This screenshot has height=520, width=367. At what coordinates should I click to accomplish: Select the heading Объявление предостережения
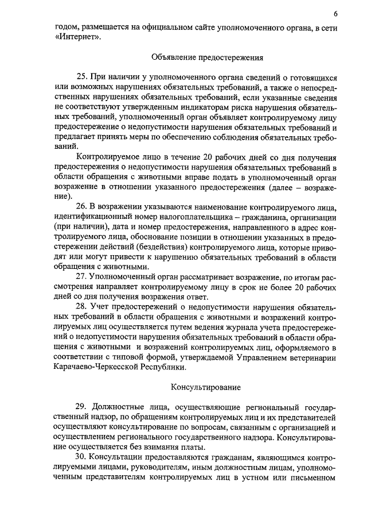(x=207, y=57)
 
